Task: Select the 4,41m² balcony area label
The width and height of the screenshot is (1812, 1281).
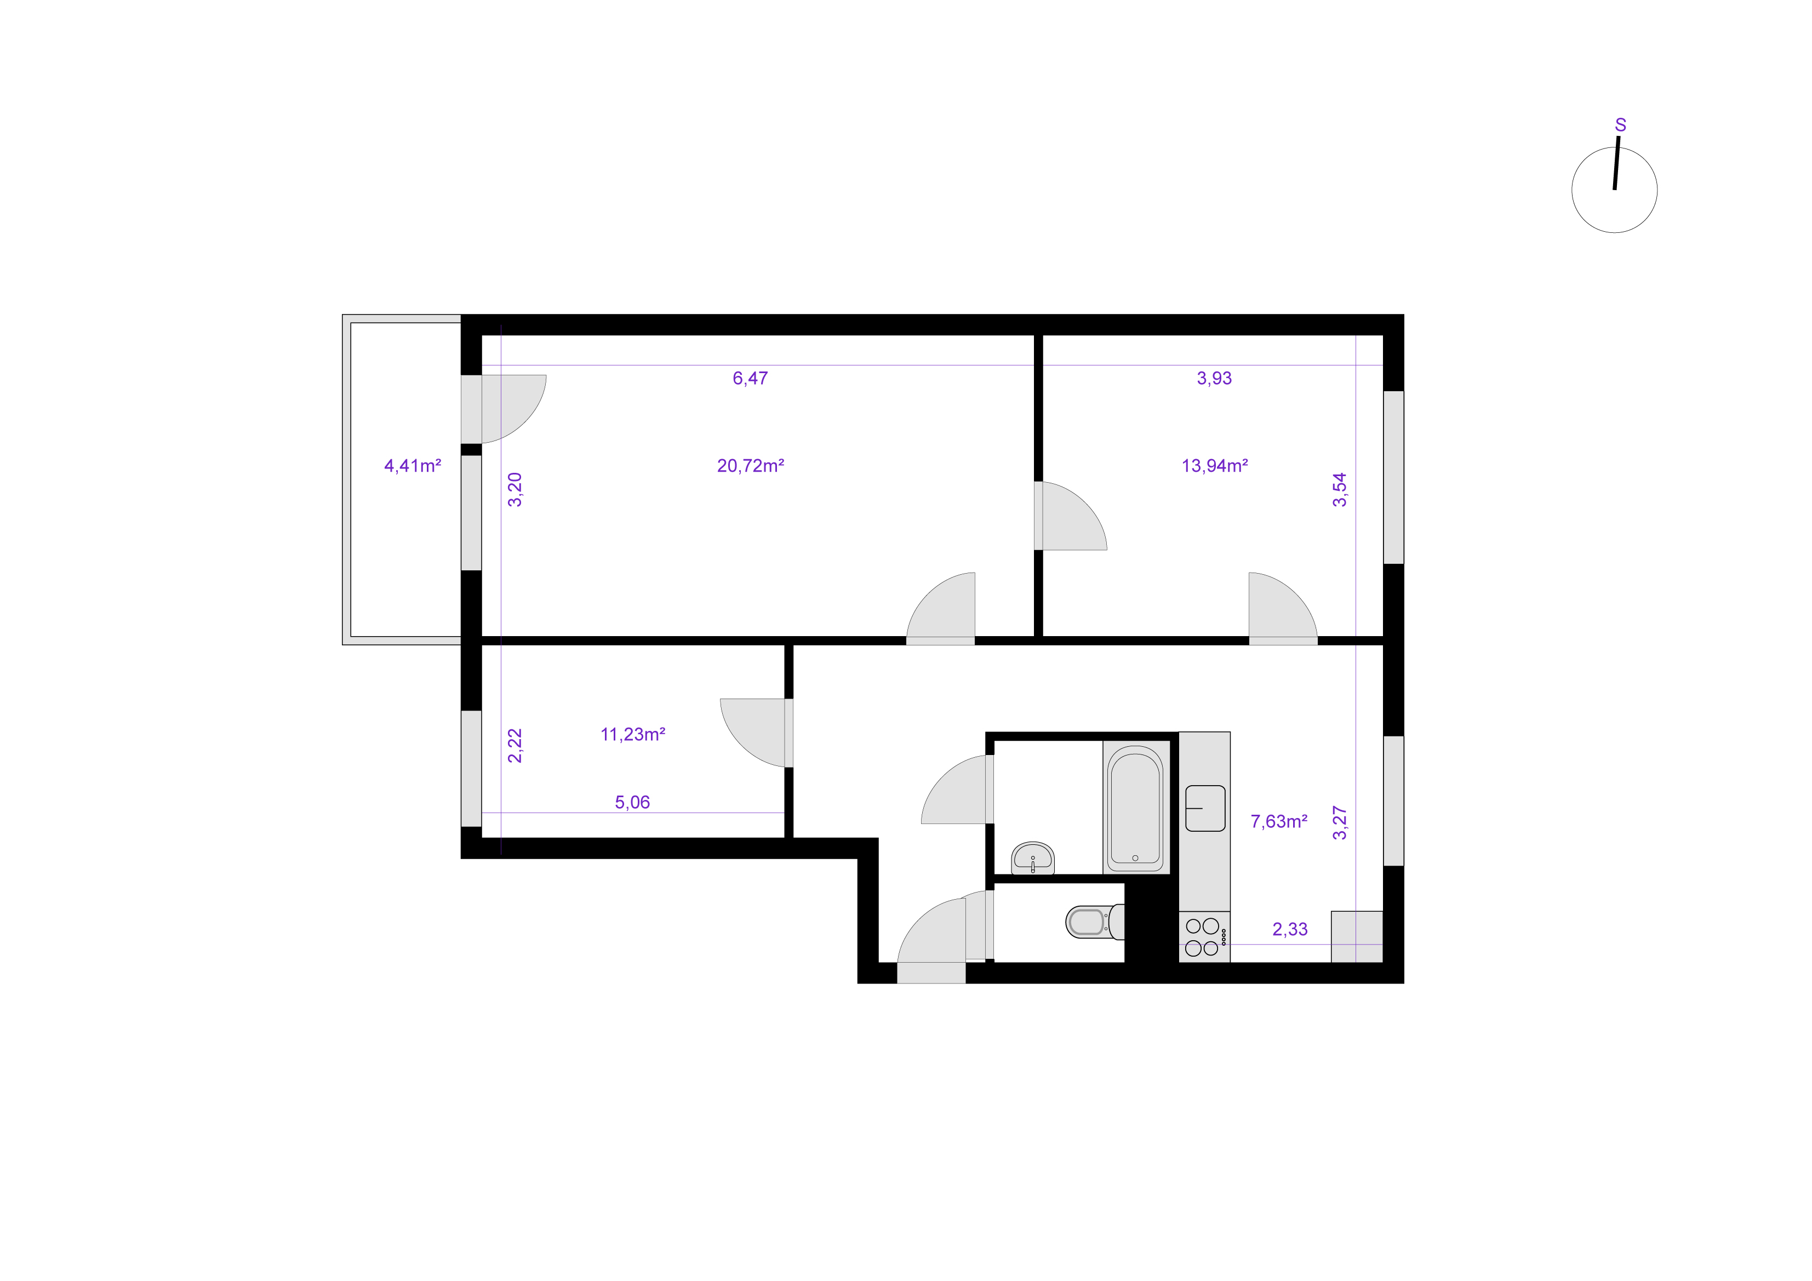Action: point(412,466)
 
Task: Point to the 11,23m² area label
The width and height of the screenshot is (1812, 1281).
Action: point(632,734)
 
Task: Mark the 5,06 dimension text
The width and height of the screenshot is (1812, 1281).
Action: point(632,802)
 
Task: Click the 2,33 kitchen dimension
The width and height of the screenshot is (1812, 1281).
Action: point(1290,929)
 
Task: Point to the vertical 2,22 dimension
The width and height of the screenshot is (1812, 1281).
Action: point(515,745)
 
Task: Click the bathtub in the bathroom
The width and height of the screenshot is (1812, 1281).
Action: point(1135,808)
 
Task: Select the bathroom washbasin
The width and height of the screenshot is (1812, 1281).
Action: point(1033,858)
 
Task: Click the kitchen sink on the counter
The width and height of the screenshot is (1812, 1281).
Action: point(1205,808)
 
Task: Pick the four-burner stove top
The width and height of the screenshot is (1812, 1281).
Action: point(1204,937)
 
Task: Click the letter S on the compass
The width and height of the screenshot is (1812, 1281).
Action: point(1620,125)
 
